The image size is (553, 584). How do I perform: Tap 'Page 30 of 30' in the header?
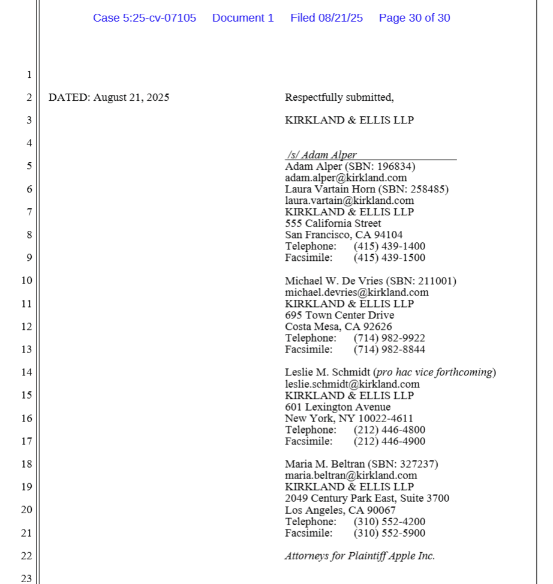[414, 18]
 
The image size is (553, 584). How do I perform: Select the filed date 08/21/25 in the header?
[341, 18]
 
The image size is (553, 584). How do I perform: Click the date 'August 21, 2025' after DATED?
[131, 97]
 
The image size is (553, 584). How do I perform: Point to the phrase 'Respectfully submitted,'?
[339, 97]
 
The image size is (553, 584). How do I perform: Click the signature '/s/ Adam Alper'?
[322, 155]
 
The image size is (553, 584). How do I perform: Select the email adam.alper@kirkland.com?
[345, 177]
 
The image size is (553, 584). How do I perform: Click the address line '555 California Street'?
[333, 223]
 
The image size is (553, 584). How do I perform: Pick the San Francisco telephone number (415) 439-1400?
[389, 246]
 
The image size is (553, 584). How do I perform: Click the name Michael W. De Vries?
[333, 281]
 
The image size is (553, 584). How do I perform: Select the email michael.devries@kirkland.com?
[356, 292]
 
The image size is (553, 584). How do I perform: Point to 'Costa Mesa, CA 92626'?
[338, 327]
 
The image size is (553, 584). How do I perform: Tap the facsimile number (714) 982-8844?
[389, 350]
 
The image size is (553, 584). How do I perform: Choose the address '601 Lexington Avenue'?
[338, 407]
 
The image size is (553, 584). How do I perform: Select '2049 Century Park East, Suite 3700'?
[366, 498]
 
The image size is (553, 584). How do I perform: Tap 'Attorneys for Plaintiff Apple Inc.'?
[360, 556]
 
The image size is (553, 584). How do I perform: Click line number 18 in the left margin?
[26, 464]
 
